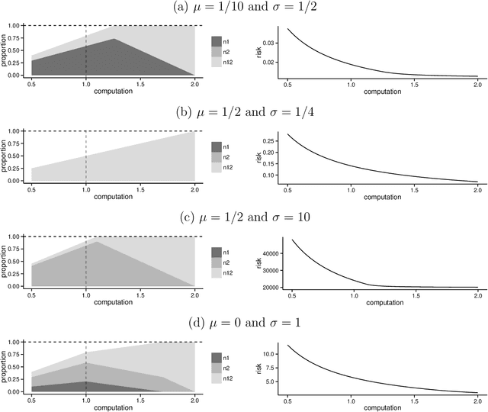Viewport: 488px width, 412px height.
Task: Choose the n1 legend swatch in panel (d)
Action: [217, 358]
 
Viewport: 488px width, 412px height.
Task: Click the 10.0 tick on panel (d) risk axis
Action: [274, 355]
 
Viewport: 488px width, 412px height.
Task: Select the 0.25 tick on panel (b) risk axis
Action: [274, 142]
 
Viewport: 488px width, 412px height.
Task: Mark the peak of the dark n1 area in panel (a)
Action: [114, 39]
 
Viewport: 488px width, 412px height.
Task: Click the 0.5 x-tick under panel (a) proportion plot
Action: [31, 83]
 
